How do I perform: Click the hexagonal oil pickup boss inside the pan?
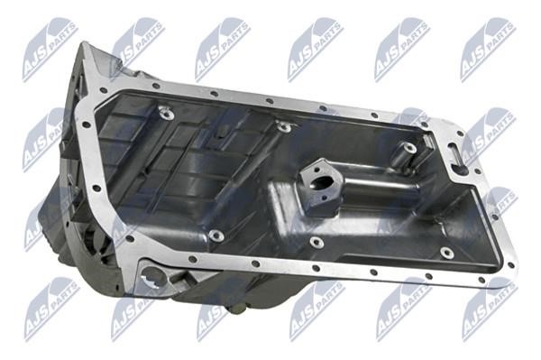click(321, 187)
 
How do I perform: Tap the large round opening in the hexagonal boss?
click(324, 182)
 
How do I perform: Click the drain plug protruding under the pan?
click(238, 309)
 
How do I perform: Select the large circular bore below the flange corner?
click(152, 277)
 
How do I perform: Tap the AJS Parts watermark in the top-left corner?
click(50, 50)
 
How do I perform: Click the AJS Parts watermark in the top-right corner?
click(489, 50)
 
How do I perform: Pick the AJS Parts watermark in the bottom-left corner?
click(51, 309)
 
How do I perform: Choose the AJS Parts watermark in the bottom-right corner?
click(491, 309)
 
